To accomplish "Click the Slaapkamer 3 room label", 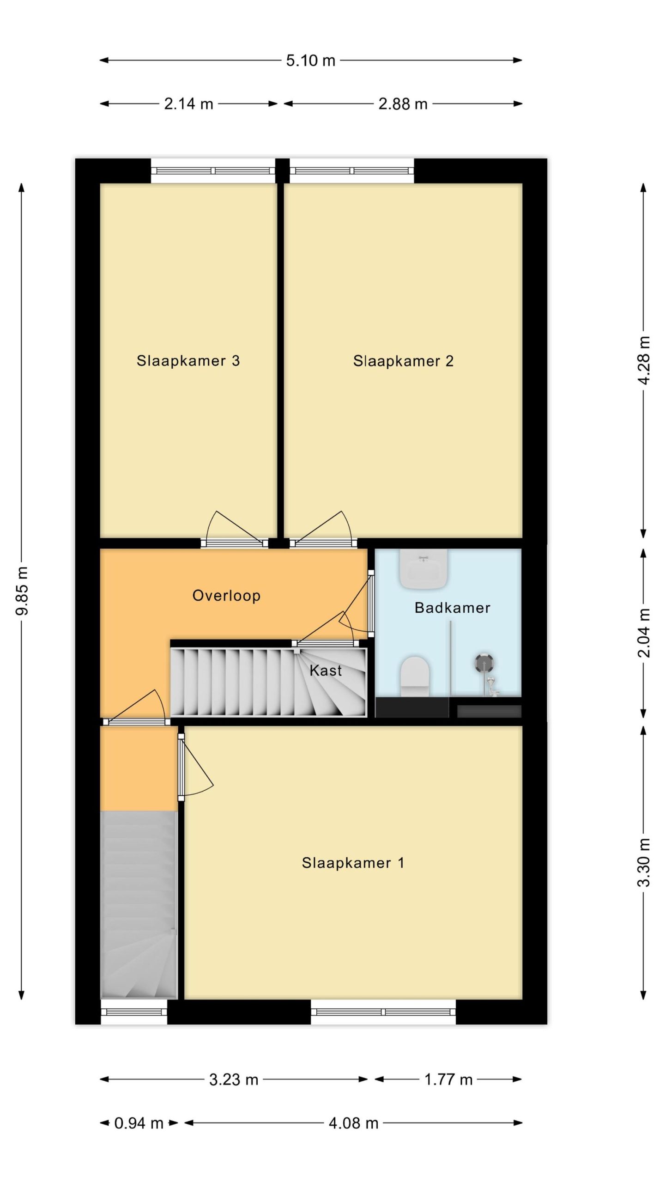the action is click(188, 360).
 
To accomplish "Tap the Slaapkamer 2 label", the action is click(403, 361).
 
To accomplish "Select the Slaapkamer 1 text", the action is click(353, 862).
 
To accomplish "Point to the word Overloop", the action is click(226, 596).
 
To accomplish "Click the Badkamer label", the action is click(453, 608).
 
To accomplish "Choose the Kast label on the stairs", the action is click(326, 670).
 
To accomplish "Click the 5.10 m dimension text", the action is click(310, 60).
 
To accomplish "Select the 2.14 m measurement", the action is click(188, 104).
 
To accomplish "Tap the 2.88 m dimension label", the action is click(403, 104).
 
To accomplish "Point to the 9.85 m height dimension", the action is click(22, 591).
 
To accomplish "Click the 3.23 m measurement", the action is click(234, 1079).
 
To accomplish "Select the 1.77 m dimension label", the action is click(448, 1079).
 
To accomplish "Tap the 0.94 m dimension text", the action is click(139, 1123).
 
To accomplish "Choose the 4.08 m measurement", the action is click(354, 1123).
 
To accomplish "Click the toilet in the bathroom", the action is click(415, 676).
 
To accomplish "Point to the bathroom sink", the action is click(423, 569).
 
